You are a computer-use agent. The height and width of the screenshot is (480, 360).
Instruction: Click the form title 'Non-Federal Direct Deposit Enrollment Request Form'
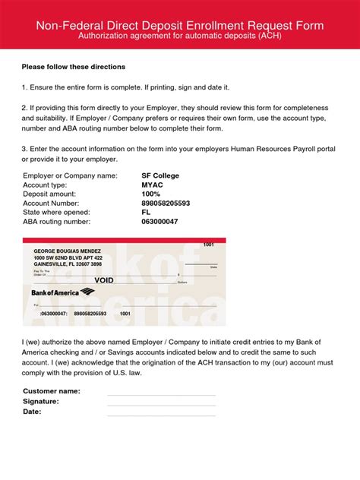pyautogui.click(x=180, y=25)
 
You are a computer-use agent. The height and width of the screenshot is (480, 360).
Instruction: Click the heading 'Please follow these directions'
pyautogui.click(x=73, y=67)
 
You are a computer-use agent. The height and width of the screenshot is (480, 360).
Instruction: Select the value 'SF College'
pyautogui.click(x=160, y=175)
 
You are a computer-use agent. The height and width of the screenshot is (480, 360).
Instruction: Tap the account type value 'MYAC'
pyautogui.click(x=152, y=185)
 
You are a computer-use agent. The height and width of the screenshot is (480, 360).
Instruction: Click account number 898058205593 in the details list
pyautogui.click(x=166, y=203)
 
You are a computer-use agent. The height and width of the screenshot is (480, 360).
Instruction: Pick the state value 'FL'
pyautogui.click(x=146, y=212)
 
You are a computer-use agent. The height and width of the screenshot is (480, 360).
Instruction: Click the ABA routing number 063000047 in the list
pyautogui.click(x=159, y=222)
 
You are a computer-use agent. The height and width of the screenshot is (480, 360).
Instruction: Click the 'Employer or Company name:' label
pyautogui.click(x=70, y=175)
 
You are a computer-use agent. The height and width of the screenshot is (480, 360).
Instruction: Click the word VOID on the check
pyautogui.click(x=104, y=280)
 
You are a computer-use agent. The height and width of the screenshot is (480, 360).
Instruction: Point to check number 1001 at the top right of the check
pyautogui.click(x=209, y=245)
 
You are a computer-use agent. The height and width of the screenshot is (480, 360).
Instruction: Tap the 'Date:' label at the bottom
pyautogui.click(x=32, y=412)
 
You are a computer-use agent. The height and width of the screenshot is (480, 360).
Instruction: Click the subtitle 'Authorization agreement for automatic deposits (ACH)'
pyautogui.click(x=180, y=36)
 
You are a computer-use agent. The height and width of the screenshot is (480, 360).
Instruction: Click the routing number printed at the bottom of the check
pyautogui.click(x=52, y=313)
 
